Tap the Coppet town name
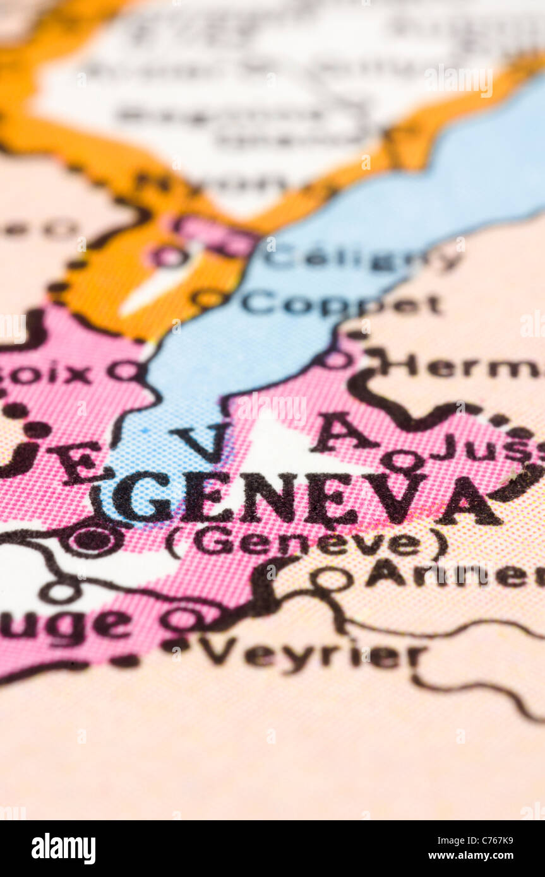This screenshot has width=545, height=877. coord(341,304)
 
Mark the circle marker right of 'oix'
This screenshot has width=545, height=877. coord(124,370)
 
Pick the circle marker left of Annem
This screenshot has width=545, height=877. coord(332,578)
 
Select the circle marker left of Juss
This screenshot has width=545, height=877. coord(402,460)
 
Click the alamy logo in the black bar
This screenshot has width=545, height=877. coord(63,849)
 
